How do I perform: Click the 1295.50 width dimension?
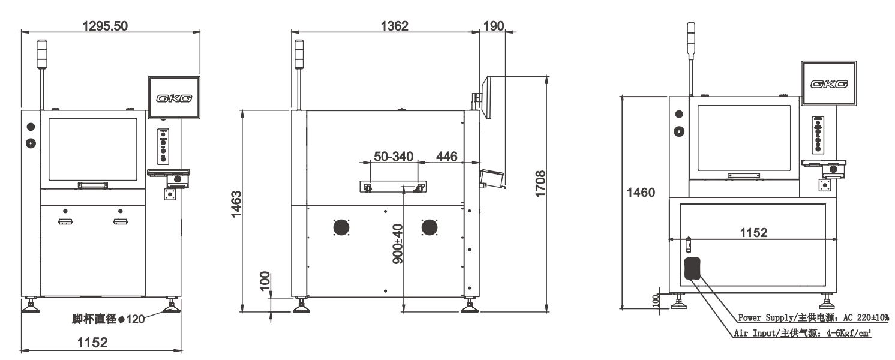105,26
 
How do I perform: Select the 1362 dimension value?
394,26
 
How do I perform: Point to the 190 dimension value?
494,26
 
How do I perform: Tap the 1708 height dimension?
540,184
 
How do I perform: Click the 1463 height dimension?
236,204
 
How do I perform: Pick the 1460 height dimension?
641,193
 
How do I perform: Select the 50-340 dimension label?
394,156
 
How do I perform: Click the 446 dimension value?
447,156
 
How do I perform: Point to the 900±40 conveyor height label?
398,244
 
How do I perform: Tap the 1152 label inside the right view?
753,233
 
